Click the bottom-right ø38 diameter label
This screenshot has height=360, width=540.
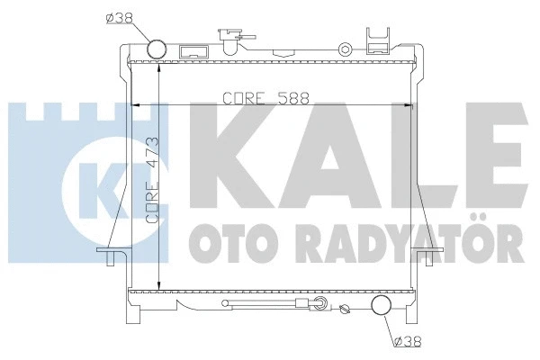(406, 341)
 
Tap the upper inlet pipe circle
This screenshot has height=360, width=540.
(157, 50)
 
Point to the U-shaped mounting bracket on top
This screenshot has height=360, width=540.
(379, 36)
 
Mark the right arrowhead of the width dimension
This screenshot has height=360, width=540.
(411, 105)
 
